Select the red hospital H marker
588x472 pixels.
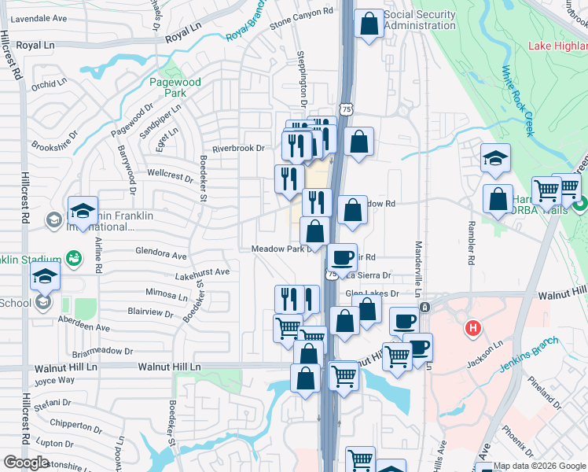472,327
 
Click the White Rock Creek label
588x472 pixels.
518,101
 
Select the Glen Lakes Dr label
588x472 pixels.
373,293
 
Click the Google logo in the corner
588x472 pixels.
26,463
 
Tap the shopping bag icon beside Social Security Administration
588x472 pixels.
369,24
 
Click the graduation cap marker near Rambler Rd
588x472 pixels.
496,158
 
